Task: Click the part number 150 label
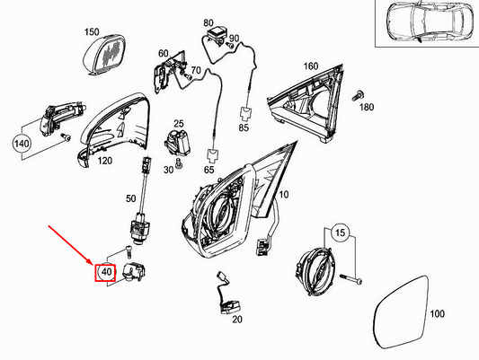(92, 32)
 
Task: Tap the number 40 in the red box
(105, 271)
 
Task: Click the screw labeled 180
(359, 95)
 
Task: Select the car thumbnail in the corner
(423, 27)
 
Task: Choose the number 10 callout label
(284, 194)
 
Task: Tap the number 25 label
(178, 123)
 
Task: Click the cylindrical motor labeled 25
(176, 143)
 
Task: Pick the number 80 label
(208, 22)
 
